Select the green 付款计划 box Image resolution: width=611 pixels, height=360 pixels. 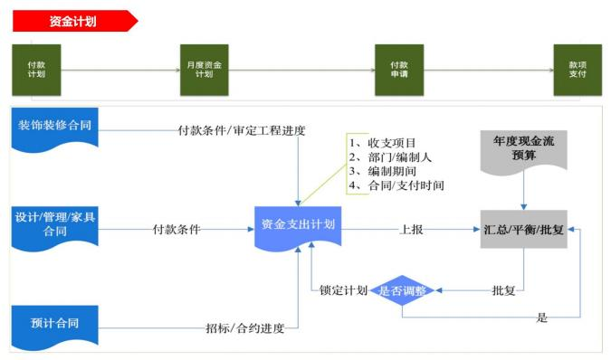pyautogui.click(x=36, y=70)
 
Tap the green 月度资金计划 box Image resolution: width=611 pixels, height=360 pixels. pyautogui.click(x=204, y=70)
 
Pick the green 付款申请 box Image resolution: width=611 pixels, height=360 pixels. pyautogui.click(x=399, y=70)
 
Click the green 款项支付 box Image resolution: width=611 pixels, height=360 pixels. pyautogui.click(x=577, y=70)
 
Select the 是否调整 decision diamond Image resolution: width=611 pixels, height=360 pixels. pyautogui.click(x=405, y=291)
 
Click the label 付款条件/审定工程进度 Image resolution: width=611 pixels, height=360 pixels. pyautogui.click(x=242, y=130)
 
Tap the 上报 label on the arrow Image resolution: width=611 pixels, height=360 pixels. pyautogui.click(x=411, y=229)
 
